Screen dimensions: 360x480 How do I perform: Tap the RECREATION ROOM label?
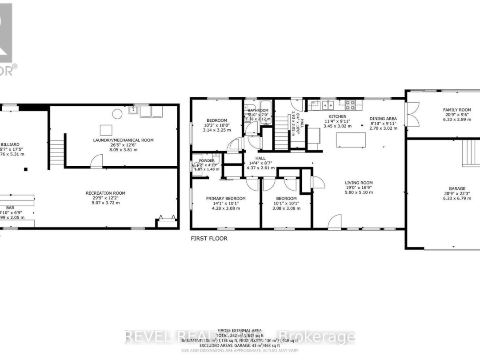tap(105, 193)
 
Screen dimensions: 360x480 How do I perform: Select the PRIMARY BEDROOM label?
tap(226, 198)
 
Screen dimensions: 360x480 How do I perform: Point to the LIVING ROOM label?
tap(359, 183)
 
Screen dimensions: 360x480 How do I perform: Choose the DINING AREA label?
tap(383, 118)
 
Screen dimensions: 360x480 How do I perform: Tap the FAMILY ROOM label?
tap(456, 109)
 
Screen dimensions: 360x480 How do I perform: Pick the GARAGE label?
tap(456, 188)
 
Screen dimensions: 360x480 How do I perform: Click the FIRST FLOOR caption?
tap(209, 239)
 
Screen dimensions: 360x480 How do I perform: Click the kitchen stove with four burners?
tap(350, 105)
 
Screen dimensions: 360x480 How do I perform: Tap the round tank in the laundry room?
tap(117, 114)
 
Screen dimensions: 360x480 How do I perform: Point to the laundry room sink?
tap(132, 110)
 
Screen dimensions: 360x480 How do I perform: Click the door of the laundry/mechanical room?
tap(96, 162)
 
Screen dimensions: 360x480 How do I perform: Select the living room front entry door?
tap(335, 221)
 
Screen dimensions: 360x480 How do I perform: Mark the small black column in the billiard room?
tap(26, 169)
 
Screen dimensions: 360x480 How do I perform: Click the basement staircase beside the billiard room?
tap(55, 152)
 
